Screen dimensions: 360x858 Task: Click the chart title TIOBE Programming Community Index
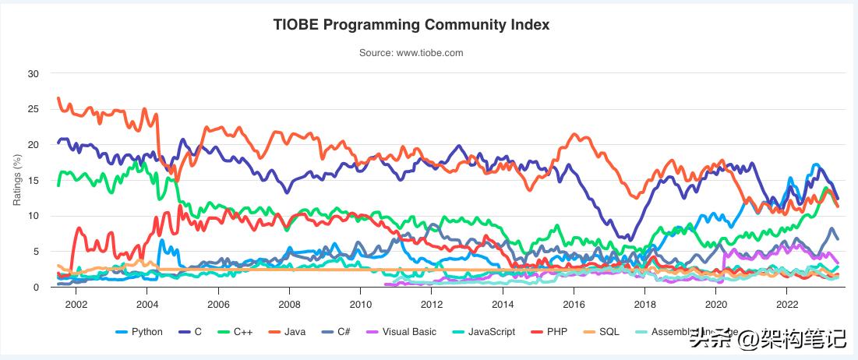click(x=411, y=25)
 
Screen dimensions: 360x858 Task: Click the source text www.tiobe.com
click(x=411, y=53)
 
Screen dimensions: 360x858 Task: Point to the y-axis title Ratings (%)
click(x=17, y=180)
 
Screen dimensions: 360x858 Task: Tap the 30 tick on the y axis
click(x=33, y=74)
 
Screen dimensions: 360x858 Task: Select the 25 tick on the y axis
click(x=33, y=109)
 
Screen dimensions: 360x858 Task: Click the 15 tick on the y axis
click(x=33, y=181)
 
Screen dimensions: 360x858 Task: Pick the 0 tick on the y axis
click(x=35, y=288)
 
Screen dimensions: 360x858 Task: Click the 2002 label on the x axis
click(x=76, y=302)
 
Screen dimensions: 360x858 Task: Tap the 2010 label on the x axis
click(x=360, y=302)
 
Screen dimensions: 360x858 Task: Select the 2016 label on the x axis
click(x=574, y=302)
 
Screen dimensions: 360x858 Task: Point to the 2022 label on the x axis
click(x=787, y=302)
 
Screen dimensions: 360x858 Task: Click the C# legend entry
click(x=339, y=332)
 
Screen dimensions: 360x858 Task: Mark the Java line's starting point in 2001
click(x=58, y=98)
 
